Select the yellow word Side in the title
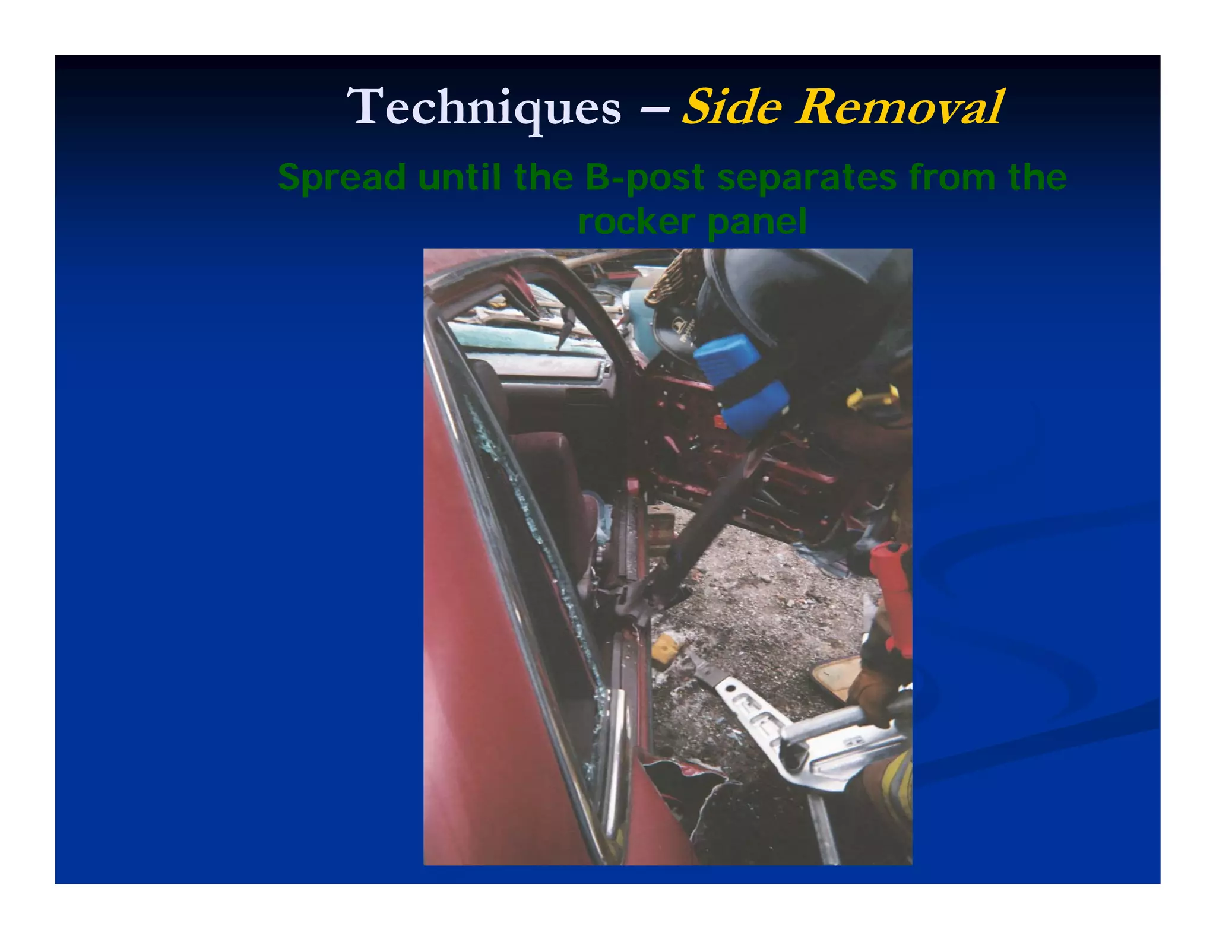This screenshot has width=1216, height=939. (731, 107)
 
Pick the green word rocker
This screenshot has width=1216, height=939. (636, 222)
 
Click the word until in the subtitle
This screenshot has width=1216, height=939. (459, 177)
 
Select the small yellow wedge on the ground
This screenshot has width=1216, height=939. (664, 651)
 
